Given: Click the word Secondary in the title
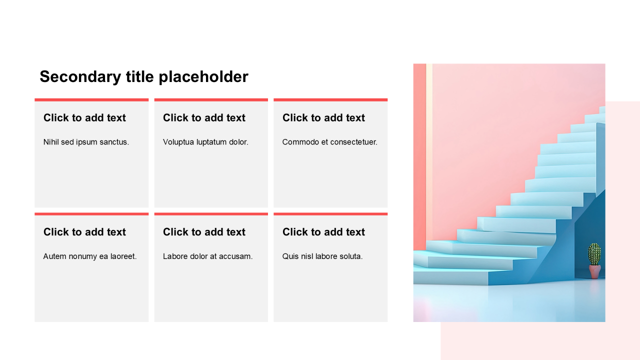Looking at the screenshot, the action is (x=80, y=77).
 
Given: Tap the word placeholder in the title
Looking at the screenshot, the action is (x=203, y=77).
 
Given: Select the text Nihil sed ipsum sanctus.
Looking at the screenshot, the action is (x=86, y=142).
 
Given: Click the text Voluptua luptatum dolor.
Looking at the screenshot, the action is (x=205, y=142).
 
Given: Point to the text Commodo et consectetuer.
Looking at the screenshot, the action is (x=329, y=142).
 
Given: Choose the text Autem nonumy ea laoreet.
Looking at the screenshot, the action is (x=89, y=256).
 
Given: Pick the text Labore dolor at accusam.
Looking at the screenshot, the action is (x=207, y=256).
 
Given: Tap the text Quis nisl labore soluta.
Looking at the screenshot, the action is (x=322, y=256).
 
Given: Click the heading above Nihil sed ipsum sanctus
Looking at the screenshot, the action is (x=84, y=117).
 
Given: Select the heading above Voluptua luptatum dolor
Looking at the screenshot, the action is (x=204, y=117).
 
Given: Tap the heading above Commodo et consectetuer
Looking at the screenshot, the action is (x=323, y=117).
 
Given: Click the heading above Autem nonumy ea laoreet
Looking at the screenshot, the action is (x=84, y=232).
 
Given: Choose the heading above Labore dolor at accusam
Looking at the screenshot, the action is (x=204, y=232).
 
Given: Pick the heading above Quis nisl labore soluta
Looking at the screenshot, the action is (x=323, y=232).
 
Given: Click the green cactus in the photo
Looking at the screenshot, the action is (x=594, y=254).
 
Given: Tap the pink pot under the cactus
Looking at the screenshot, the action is (x=595, y=271).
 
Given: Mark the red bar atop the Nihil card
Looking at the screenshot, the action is (x=91, y=100).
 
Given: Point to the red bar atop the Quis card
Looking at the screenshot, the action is (x=330, y=214).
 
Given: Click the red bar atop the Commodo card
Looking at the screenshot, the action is (x=330, y=100).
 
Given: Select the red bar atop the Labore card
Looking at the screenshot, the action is (x=211, y=214).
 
